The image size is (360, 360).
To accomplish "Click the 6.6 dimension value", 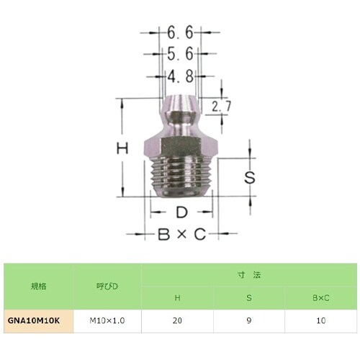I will click(x=179, y=33).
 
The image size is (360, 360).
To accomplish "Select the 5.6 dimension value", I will click(x=179, y=54).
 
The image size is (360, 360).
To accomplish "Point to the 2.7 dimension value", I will click(x=222, y=107).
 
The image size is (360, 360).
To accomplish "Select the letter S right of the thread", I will click(x=249, y=176).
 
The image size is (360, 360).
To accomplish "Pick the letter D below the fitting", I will click(x=182, y=212).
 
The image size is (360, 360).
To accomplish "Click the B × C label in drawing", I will click(x=181, y=235).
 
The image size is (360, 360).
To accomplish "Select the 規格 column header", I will click(x=38, y=286).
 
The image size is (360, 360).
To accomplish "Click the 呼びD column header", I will click(x=107, y=286).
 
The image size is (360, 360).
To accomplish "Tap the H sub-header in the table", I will click(x=177, y=297).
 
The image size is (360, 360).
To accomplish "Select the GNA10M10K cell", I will click(x=38, y=320).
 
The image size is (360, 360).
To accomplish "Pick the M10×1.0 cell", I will click(x=107, y=320).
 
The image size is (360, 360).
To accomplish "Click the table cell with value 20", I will click(x=177, y=320).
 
